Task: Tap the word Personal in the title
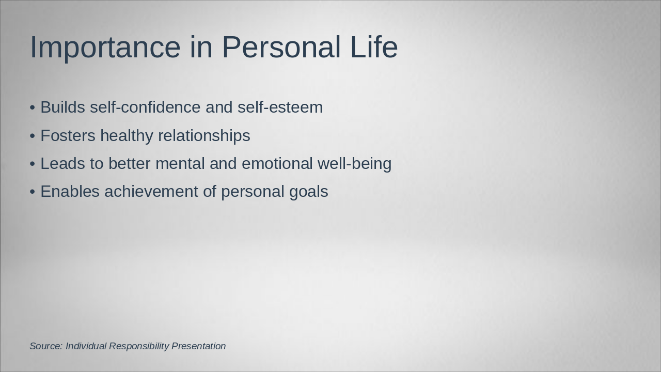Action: click(281, 47)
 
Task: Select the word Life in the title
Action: click(374, 47)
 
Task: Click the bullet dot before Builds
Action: click(33, 108)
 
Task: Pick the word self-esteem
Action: click(280, 107)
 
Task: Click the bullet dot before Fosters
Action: click(33, 136)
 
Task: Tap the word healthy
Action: click(127, 136)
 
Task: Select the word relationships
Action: click(204, 136)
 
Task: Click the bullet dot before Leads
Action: click(33, 164)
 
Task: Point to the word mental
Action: click(180, 163)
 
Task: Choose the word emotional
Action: click(277, 163)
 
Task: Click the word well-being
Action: click(354, 164)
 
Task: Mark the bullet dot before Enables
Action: click(33, 192)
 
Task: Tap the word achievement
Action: click(151, 191)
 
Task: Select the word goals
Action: click(309, 192)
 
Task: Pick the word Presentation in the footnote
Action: click(199, 346)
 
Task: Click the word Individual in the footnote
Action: click(86, 346)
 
